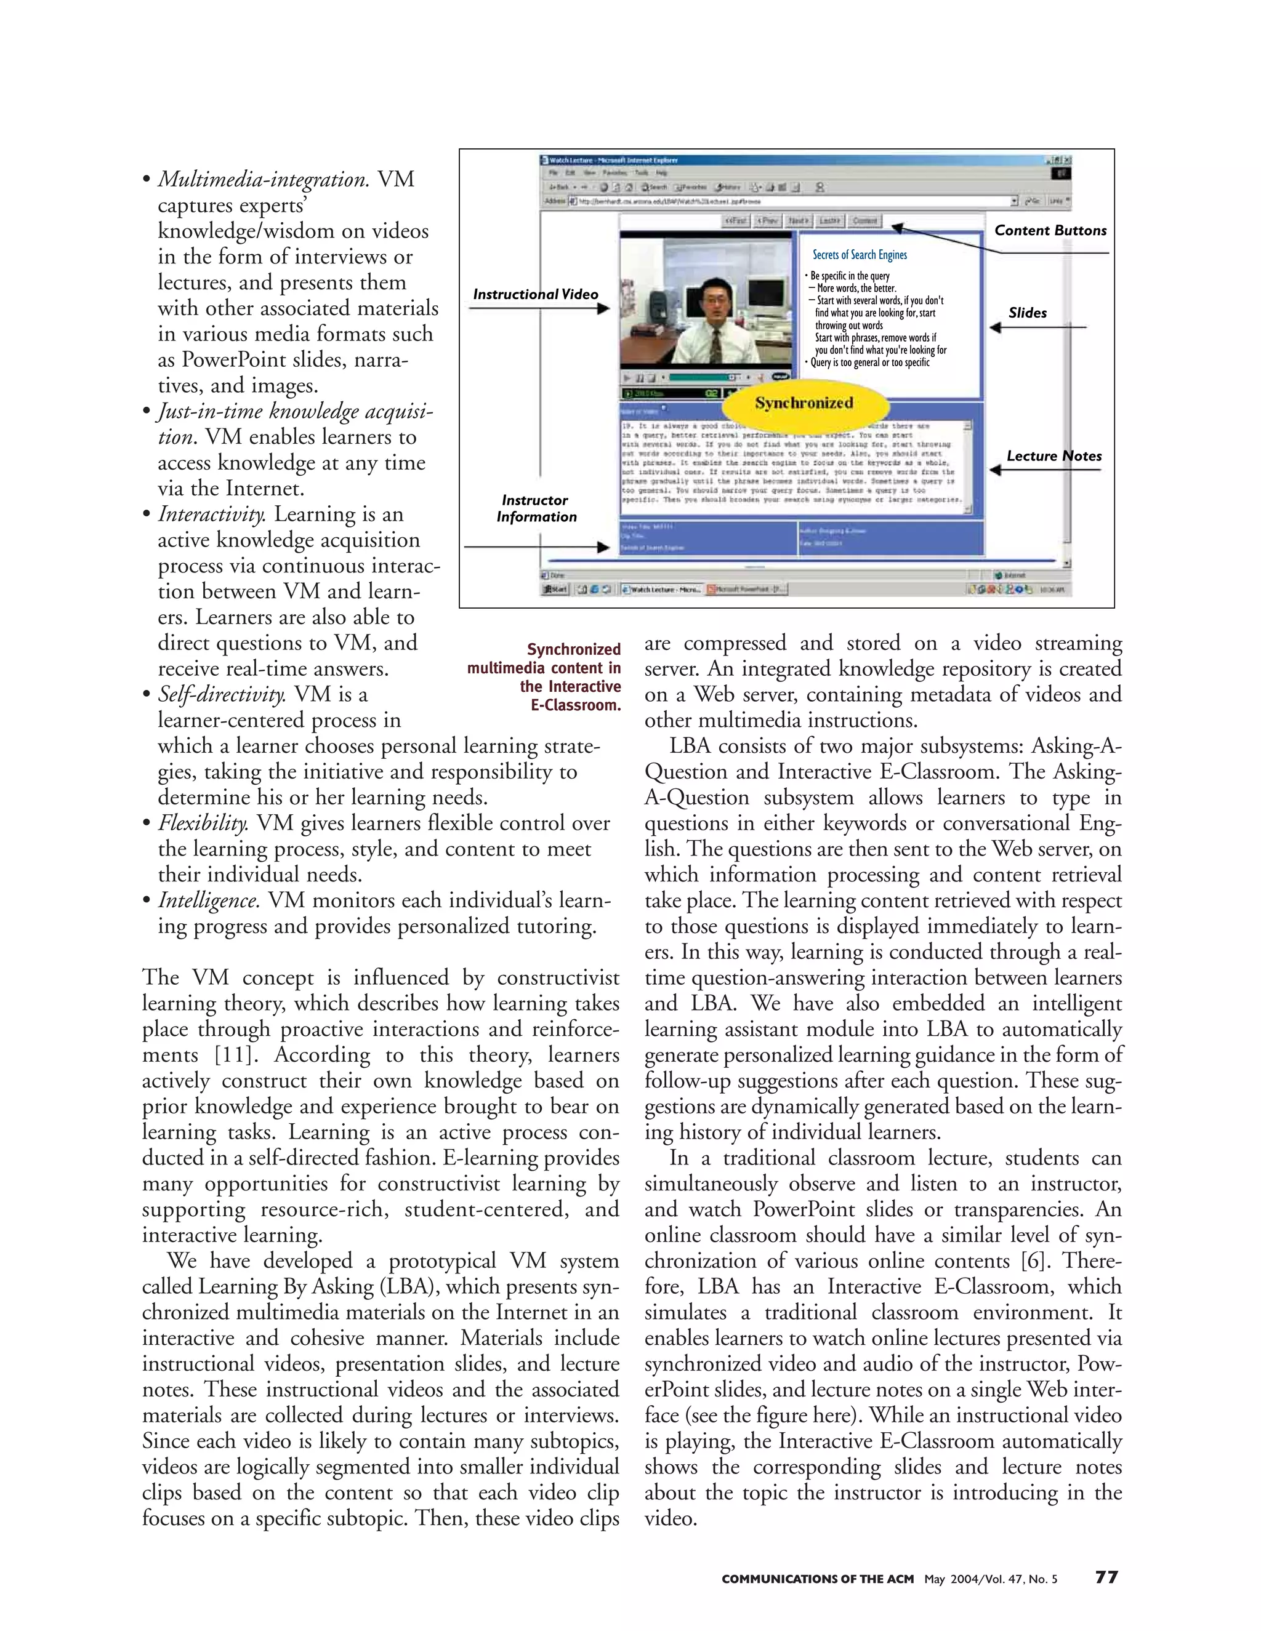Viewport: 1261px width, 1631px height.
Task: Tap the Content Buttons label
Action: [x=1050, y=231]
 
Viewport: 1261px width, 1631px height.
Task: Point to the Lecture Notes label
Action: [x=1054, y=456]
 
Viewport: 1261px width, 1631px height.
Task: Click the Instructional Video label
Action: [x=535, y=294]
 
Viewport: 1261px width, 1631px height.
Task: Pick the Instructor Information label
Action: [x=536, y=508]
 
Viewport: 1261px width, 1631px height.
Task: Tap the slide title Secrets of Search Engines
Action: [x=859, y=255]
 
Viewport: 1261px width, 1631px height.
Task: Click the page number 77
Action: [x=1106, y=1577]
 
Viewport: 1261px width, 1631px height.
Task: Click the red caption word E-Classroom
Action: [x=575, y=705]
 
